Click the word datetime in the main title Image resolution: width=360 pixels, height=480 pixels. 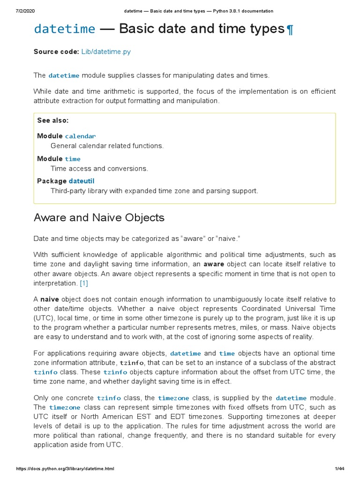pos(64,29)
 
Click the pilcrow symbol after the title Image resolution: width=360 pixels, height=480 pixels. pos(290,30)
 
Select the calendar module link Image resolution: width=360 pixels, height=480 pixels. pos(80,136)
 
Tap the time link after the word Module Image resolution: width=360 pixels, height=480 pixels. pos(73,159)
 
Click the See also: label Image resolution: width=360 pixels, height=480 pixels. pos(53,120)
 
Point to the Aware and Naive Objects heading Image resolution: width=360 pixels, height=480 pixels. pos(99,217)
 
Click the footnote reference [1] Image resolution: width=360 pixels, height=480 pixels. pos(84,283)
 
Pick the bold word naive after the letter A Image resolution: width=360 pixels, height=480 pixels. pos(50,299)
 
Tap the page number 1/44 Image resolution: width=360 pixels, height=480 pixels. pos(340,469)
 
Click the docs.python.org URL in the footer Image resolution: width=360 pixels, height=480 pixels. pos(65,469)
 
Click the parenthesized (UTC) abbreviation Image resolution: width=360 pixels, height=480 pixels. pos(43,318)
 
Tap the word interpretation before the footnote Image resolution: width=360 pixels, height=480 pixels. pos(55,283)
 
